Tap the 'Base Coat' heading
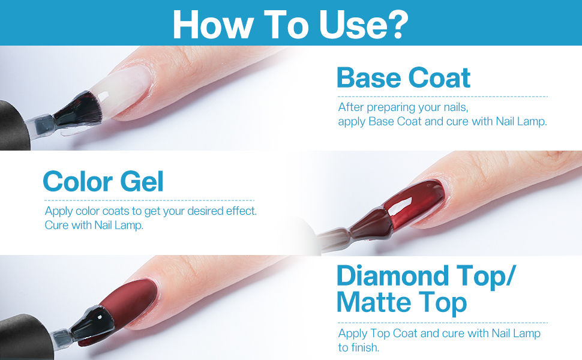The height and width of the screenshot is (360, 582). pos(403,78)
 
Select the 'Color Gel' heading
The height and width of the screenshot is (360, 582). pos(103,181)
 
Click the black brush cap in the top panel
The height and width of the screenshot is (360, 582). pos(12,126)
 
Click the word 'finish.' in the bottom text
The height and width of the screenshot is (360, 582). pos(365,347)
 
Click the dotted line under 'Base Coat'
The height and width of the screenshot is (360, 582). pos(442,97)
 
